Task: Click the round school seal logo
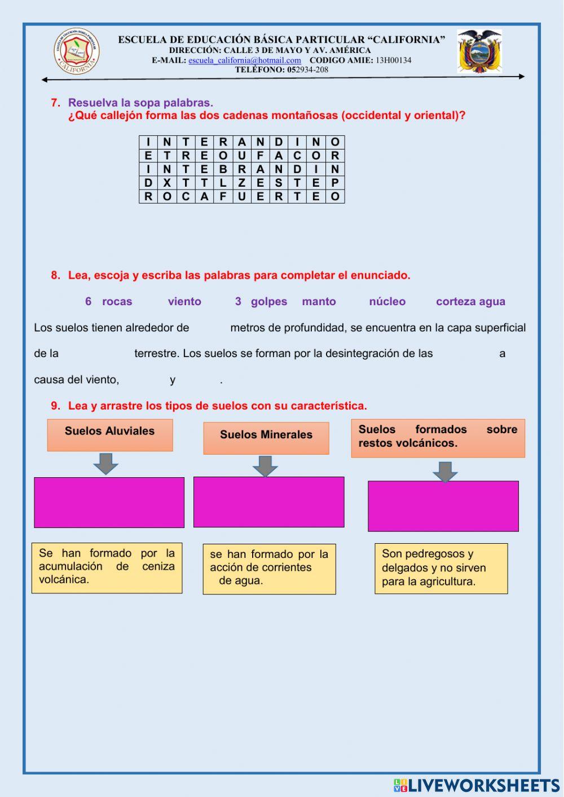coord(77,52)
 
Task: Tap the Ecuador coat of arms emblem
coord(479,52)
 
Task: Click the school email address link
coord(245,60)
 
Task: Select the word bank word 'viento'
coord(184,302)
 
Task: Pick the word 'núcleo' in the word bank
coord(387,302)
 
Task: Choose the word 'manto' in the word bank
coord(319,302)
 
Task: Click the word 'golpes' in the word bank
coord(269,302)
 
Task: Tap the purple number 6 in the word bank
coord(89,302)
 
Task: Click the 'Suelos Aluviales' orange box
coord(110,435)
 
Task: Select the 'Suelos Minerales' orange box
coord(266,438)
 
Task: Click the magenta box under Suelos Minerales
coord(268,502)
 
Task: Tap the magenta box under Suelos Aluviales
coord(109,503)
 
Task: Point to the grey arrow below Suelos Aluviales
coord(105,464)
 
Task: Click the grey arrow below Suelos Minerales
coord(265,466)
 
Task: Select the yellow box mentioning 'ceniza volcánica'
coord(107,567)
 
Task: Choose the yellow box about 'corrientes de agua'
coord(269,569)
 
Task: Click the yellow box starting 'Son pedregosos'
coord(441,569)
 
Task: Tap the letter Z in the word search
coord(241,183)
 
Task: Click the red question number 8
coord(55,275)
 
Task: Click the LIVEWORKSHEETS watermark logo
coord(477,785)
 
